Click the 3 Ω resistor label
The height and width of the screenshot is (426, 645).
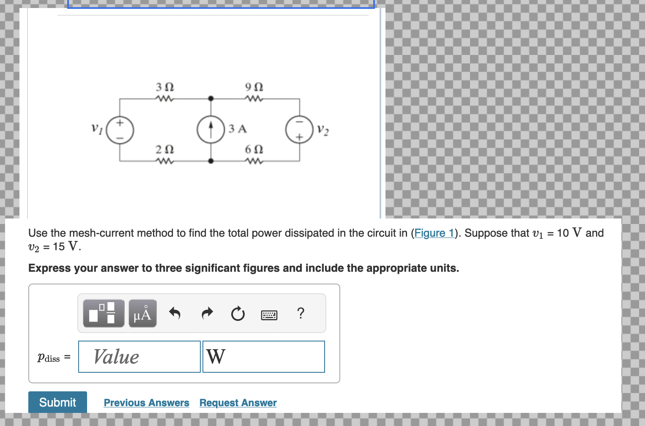pos(165,87)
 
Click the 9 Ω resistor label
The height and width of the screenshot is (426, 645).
pos(254,87)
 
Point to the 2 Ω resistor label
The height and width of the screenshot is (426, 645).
pos(165,150)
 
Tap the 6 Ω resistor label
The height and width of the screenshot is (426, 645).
pos(254,150)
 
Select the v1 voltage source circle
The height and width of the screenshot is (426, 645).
pos(120,130)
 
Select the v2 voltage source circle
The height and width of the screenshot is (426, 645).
pos(299,130)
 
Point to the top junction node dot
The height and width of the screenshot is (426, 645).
pos(211,99)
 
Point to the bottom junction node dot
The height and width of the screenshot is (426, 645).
pos(211,161)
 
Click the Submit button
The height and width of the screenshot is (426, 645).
pos(57,402)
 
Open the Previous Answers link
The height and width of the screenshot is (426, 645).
pos(146,403)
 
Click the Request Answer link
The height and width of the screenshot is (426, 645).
pos(238,403)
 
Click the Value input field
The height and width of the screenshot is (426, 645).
pos(139,357)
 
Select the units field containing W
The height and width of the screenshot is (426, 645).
pos(263,357)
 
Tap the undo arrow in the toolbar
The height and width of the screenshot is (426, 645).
pos(175,313)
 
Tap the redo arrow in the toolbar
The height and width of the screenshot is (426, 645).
pos(207,313)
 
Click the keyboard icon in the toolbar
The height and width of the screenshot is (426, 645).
pos(269,315)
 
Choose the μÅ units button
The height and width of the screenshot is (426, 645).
pos(142,314)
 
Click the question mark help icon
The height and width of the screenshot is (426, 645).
pos(301,313)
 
